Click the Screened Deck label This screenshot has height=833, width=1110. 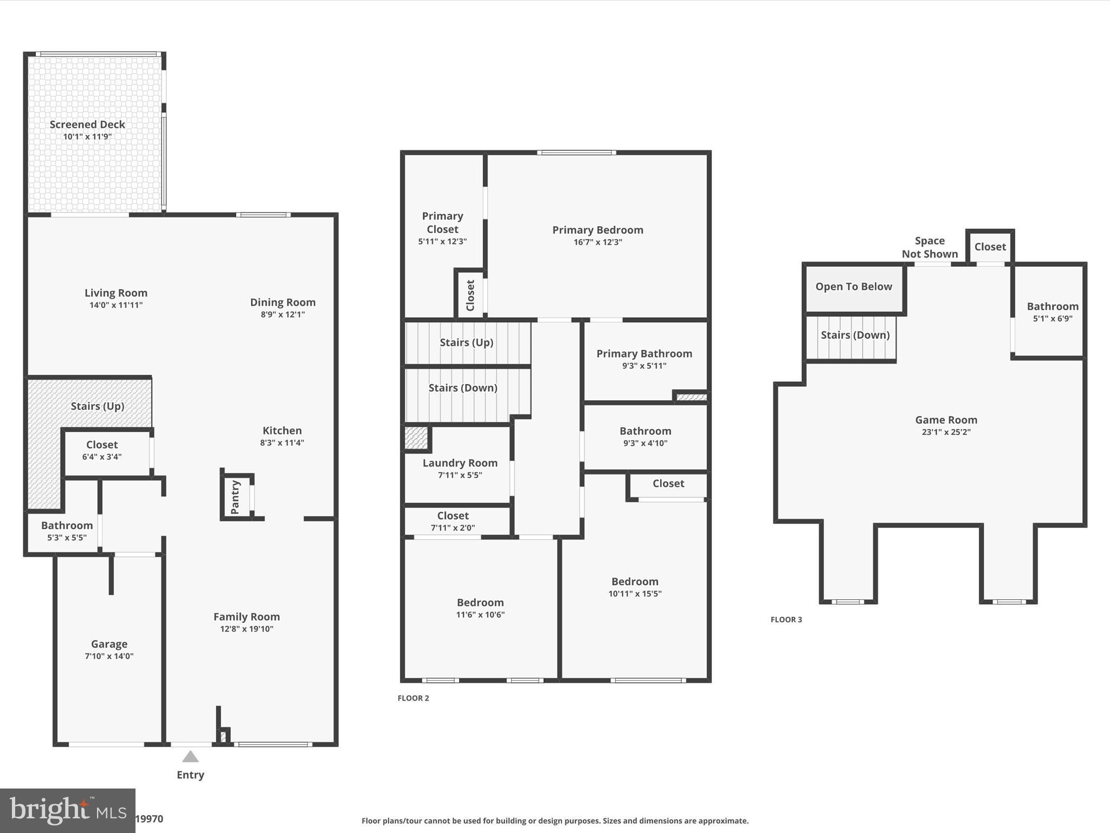point(87,124)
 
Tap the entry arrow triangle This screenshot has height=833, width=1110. point(190,757)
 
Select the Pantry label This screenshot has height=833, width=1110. point(235,497)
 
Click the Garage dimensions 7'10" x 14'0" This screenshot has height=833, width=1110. point(109,656)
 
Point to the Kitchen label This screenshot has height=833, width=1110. point(282,431)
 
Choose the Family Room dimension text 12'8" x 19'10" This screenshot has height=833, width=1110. point(247,629)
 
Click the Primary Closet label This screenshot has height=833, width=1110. point(442,222)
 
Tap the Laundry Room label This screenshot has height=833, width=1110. point(460,463)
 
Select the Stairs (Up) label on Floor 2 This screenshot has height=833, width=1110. point(466,342)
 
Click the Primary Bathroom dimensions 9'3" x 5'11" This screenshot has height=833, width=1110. point(644,366)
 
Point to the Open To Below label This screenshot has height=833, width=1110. point(854,287)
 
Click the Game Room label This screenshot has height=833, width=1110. point(946,420)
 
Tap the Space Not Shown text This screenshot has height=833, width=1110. point(930,247)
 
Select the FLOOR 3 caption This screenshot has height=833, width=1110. point(786,619)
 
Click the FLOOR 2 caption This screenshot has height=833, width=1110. point(413,698)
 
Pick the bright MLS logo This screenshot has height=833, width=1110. point(67,810)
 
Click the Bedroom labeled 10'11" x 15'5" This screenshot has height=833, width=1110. point(635,582)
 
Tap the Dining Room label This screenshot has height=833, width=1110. point(282,303)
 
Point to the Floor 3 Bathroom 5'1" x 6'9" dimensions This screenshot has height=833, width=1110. point(1052,319)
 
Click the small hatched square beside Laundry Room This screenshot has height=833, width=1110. point(416,438)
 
